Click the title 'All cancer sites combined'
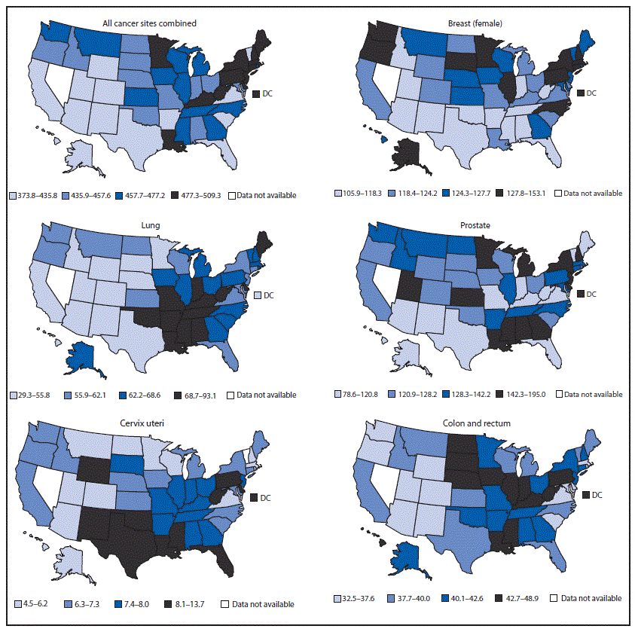click(x=149, y=23)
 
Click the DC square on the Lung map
click(x=257, y=295)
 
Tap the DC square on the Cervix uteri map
click(x=255, y=496)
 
